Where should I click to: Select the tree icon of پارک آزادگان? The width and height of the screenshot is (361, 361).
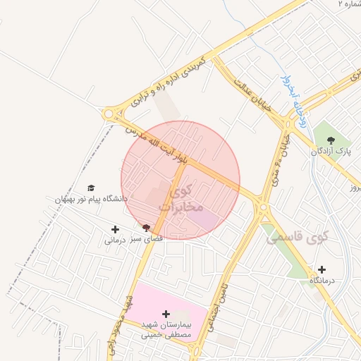pos(331,139)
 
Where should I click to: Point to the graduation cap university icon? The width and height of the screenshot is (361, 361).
pos(90,188)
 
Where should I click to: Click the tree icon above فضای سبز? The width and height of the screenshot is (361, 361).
pos(146,228)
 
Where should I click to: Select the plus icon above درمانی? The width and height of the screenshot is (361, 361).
pos(115,229)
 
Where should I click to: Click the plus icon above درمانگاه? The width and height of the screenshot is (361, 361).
pos(322,269)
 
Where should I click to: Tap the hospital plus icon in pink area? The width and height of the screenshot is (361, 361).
pos(166,314)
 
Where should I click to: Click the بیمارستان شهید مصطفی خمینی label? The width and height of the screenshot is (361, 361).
pos(166,329)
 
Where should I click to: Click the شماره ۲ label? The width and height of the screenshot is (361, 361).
pos(350,4)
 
